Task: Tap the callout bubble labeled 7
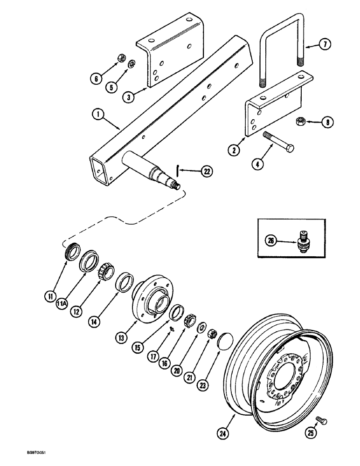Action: coord(325,45)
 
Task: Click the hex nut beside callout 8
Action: coord(300,122)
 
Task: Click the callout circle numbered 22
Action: coord(207,171)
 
